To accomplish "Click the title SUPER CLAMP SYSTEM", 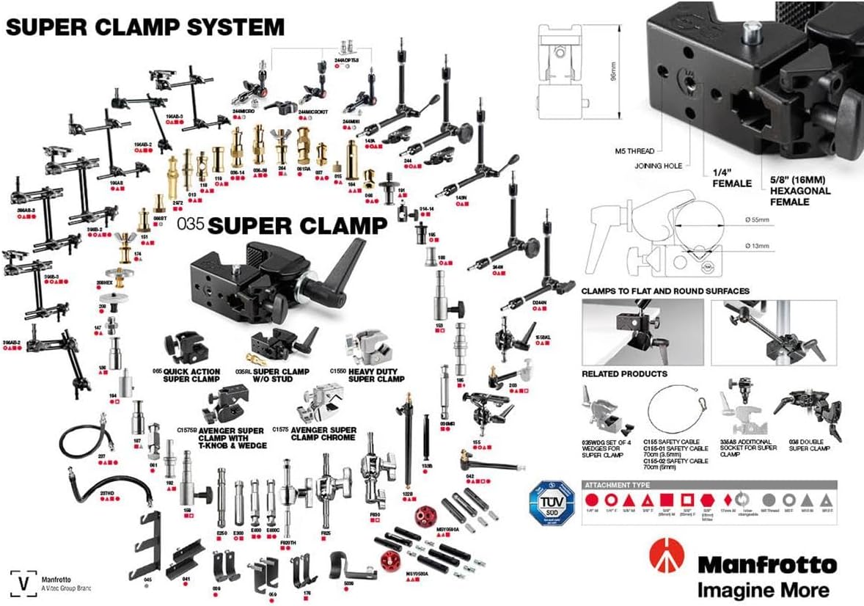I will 145,27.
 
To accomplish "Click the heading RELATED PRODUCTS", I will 624,373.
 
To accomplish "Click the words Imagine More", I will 763,589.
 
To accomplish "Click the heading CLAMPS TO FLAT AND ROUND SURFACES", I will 665,291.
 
